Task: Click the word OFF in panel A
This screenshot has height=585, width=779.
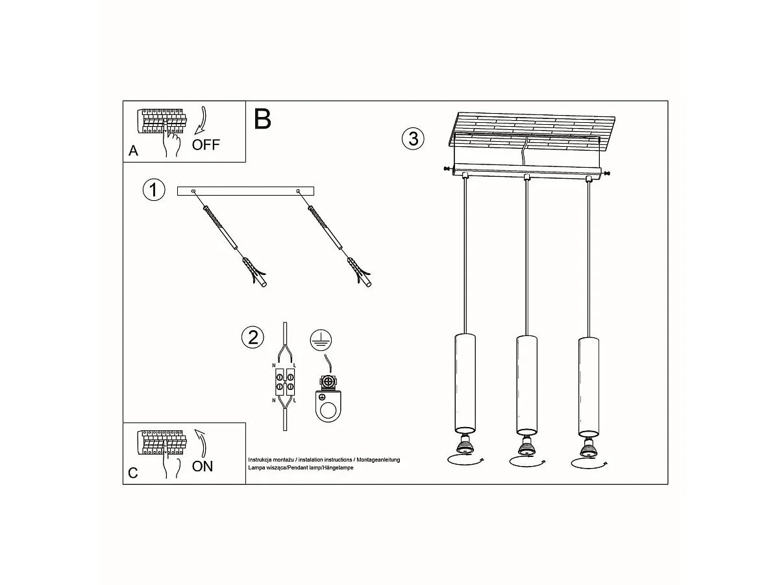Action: click(x=206, y=145)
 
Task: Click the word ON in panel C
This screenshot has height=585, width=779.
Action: click(x=202, y=466)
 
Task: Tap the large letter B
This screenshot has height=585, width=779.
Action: click(x=262, y=119)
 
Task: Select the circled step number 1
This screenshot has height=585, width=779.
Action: click(x=153, y=190)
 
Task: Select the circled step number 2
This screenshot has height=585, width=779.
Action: click(x=253, y=337)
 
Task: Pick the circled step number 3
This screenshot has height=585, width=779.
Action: click(x=413, y=139)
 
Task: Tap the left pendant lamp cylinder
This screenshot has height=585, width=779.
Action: click(x=465, y=383)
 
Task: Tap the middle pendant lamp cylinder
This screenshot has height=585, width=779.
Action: click(x=526, y=384)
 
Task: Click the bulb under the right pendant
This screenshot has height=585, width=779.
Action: click(x=588, y=447)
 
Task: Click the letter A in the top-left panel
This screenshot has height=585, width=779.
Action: click(x=133, y=151)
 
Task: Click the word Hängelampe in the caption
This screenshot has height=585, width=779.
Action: click(x=338, y=468)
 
